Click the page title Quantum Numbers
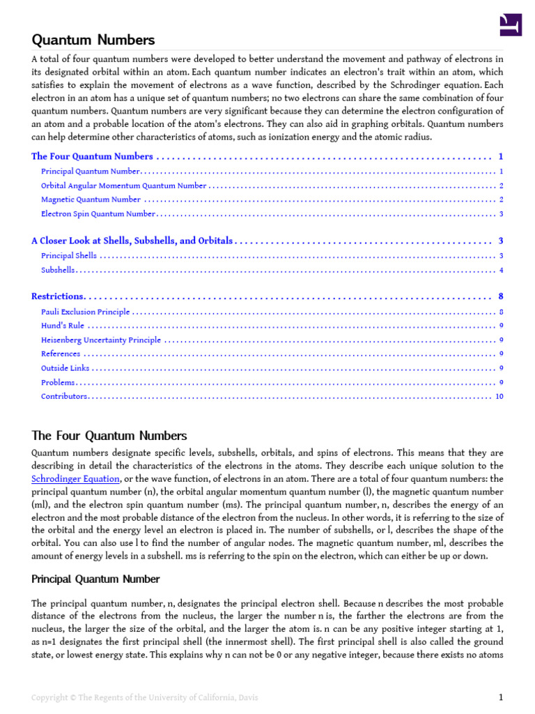click(93, 40)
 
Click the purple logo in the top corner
click(511, 25)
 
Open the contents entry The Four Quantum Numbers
click(92, 157)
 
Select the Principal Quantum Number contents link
click(91, 172)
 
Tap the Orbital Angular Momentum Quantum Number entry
click(123, 186)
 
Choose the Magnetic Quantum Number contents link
click(91, 200)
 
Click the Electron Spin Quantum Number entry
click(98, 214)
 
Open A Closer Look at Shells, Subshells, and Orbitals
click(132, 241)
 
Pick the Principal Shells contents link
click(69, 256)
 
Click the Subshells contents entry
click(58, 271)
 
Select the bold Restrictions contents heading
click(58, 297)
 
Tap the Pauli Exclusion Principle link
click(85, 312)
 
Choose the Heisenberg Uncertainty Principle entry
click(100, 340)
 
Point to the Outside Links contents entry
click(65, 368)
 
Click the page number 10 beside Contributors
click(499, 397)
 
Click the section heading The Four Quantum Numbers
click(109, 436)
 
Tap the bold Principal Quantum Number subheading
click(95, 579)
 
